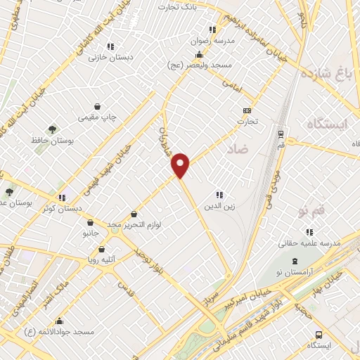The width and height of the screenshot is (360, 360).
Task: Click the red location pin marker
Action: [181, 164]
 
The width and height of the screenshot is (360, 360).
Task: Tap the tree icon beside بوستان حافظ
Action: [52, 129]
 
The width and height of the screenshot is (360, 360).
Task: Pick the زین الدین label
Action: [217, 206]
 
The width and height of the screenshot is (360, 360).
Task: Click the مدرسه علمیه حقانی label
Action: [309, 243]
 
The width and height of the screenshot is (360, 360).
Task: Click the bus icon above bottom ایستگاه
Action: [319, 335]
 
